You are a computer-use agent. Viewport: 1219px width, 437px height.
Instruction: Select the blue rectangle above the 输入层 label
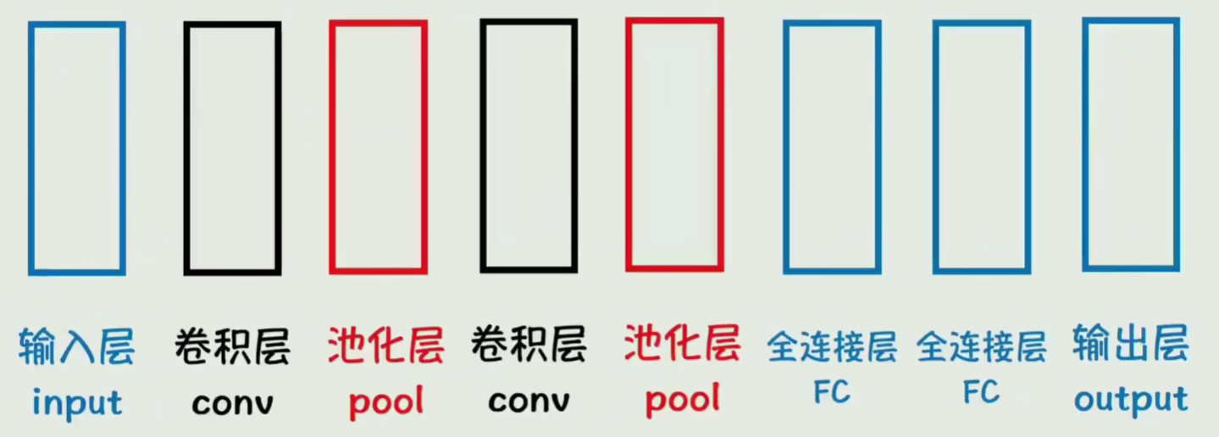[76, 148]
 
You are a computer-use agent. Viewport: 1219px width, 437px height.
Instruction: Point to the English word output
[1130, 399]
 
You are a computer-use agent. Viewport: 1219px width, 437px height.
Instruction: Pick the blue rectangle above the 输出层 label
[1130, 144]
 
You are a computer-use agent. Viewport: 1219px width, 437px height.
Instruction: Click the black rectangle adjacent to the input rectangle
[232, 148]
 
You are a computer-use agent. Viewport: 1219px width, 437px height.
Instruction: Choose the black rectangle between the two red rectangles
[529, 146]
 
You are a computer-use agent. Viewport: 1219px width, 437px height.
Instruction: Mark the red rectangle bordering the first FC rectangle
[674, 145]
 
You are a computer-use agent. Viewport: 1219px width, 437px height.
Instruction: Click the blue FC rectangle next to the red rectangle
[832, 147]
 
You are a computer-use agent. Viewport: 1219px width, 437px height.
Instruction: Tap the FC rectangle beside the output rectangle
[981, 147]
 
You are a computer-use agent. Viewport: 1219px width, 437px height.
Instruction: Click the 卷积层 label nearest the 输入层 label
[232, 347]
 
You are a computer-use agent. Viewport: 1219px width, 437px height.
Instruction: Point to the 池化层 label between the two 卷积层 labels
[385, 347]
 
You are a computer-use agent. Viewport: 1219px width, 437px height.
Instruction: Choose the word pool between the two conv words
[385, 403]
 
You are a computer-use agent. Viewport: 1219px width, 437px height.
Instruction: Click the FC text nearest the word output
[981, 392]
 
